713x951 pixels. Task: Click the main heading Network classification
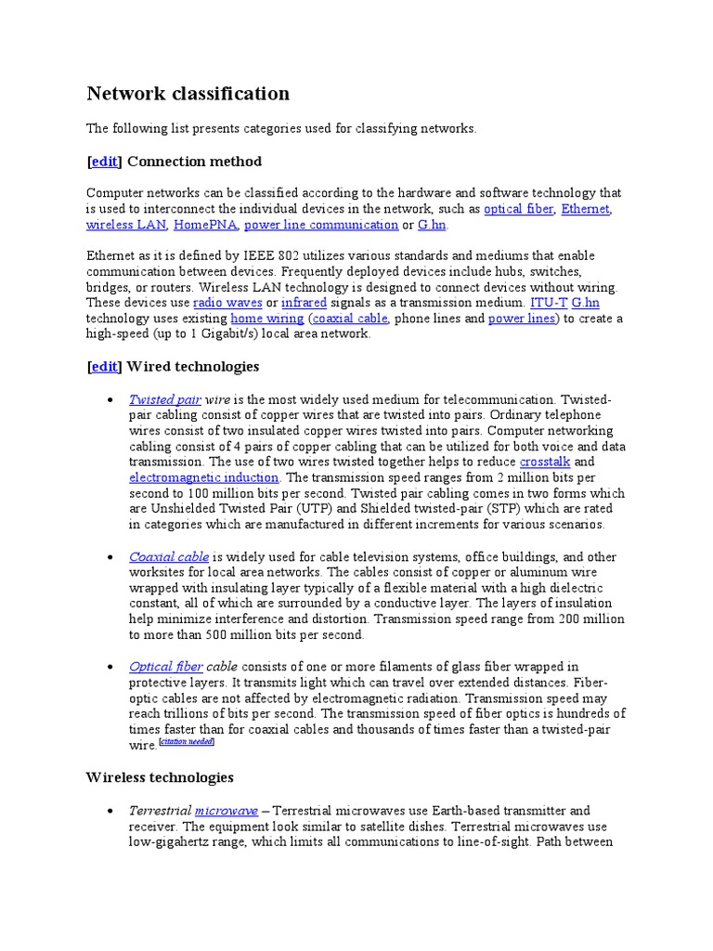click(188, 94)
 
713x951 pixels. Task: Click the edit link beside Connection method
click(104, 162)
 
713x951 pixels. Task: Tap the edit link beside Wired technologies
click(104, 367)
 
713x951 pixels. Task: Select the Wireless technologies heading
click(160, 777)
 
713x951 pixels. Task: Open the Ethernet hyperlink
click(587, 209)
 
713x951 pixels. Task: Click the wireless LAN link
click(126, 225)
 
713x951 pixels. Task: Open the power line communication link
click(321, 225)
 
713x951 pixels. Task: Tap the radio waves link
click(227, 303)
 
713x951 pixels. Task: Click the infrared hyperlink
click(304, 303)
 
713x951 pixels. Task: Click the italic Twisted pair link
click(165, 399)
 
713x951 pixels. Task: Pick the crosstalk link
click(546, 462)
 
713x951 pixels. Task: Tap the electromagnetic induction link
click(203, 477)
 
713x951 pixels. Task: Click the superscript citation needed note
click(187, 742)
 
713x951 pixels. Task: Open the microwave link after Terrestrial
click(227, 811)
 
